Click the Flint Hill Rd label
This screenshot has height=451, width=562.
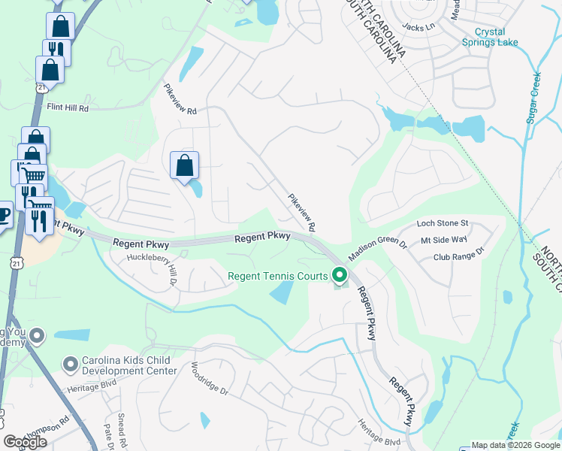pos(68,108)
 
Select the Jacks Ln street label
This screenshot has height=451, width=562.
pos(418,26)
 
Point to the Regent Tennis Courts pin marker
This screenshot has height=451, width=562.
pos(340,277)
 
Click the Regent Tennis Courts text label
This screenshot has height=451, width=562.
pos(278,277)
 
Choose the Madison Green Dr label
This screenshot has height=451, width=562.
pos(376,246)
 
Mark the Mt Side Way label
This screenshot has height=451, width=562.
pos(444,240)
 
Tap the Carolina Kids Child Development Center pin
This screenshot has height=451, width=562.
pos(71,365)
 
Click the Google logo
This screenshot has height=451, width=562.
pos(26,442)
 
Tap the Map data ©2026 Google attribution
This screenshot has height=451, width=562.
pos(515,445)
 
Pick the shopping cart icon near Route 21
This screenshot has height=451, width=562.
pos(32,175)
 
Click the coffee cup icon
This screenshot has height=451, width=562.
pos(4,213)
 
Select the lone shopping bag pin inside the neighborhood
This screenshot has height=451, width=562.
pos(184,165)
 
